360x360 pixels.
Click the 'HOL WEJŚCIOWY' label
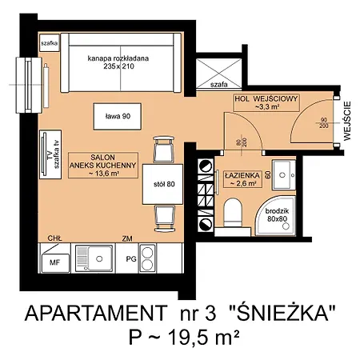[266, 102]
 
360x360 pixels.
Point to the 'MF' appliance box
[55, 262]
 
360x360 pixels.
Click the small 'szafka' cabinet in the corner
[49, 43]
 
